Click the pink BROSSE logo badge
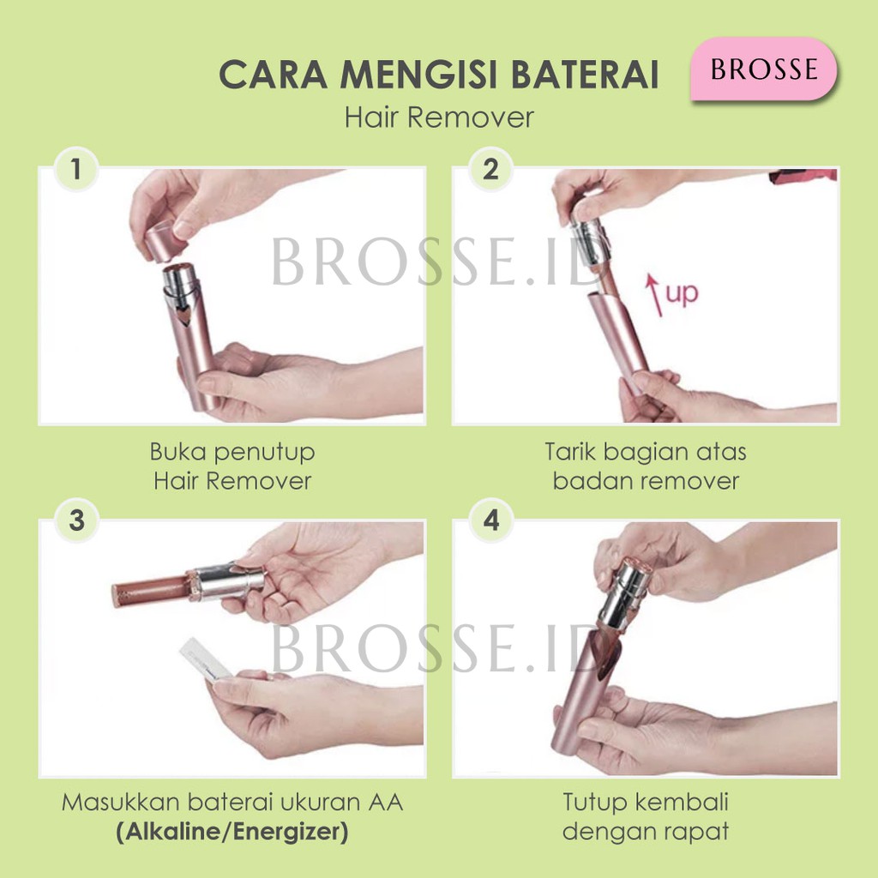(x=763, y=69)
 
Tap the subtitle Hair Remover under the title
(x=439, y=117)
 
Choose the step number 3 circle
(x=77, y=520)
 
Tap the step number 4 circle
(x=490, y=520)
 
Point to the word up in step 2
(x=683, y=294)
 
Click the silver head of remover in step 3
(x=227, y=582)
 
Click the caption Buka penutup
(x=232, y=451)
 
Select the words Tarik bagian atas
(x=646, y=451)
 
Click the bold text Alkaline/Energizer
(x=232, y=833)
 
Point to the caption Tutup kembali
(x=646, y=803)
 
